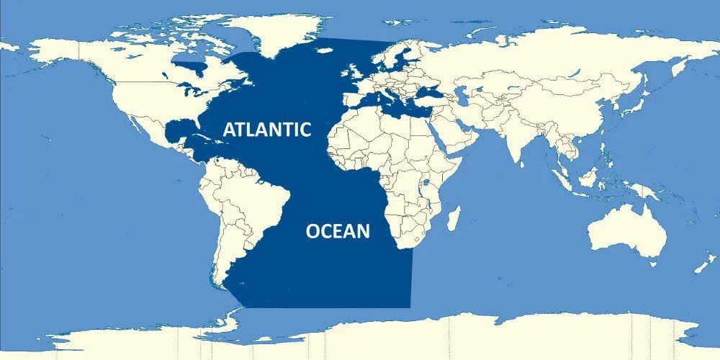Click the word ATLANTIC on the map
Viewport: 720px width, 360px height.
266,130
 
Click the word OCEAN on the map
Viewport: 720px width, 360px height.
338,231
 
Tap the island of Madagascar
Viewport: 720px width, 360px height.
454,217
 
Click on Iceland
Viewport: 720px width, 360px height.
325,50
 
